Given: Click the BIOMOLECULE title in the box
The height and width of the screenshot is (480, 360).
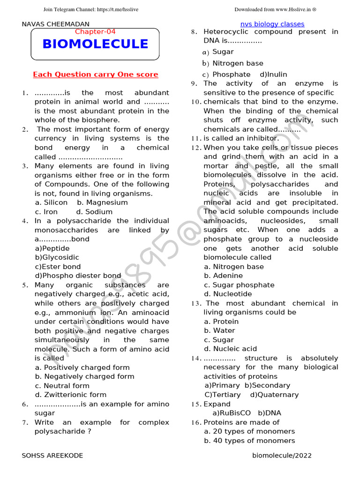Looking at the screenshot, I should pyautogui.click(x=95, y=44).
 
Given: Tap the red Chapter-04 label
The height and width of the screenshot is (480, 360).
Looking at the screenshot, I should pyautogui.click(x=95, y=31).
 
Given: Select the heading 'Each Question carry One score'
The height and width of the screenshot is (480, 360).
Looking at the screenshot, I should pyautogui.click(x=95, y=75).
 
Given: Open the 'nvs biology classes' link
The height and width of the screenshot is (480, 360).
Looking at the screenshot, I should pyautogui.click(x=272, y=24).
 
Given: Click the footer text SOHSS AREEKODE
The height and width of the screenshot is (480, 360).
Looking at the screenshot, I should pyautogui.click(x=52, y=455).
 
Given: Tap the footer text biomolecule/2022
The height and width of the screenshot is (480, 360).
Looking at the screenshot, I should pyautogui.click(x=281, y=455).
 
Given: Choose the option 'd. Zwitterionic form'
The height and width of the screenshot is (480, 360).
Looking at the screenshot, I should pyautogui.click(x=70, y=395).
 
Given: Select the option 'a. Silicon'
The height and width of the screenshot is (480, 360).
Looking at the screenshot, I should pyautogui.click(x=52, y=202).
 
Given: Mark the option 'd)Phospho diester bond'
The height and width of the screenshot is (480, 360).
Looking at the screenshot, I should pyautogui.click(x=78, y=276).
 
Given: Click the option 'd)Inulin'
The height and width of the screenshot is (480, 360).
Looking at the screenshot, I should pyautogui.click(x=273, y=75).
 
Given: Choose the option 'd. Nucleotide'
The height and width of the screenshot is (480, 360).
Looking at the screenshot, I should pyautogui.click(x=228, y=294).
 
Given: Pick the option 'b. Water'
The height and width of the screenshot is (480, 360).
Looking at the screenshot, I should pyautogui.click(x=219, y=330).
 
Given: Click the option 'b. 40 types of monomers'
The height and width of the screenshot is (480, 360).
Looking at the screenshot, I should pyautogui.click(x=249, y=441).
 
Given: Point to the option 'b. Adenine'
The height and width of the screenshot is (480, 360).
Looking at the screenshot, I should pyautogui.click(x=223, y=276).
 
